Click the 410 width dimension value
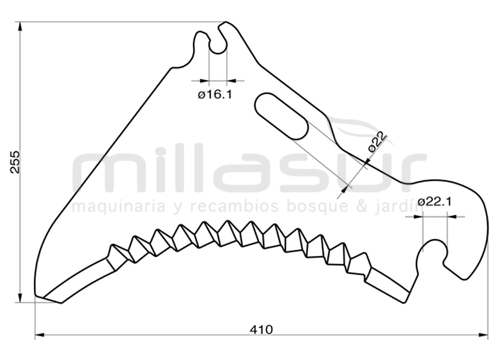[x=261, y=329]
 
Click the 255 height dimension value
[x=15, y=162]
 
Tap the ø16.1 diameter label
[x=215, y=94]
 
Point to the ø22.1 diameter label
[x=434, y=202]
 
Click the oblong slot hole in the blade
[x=282, y=116]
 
